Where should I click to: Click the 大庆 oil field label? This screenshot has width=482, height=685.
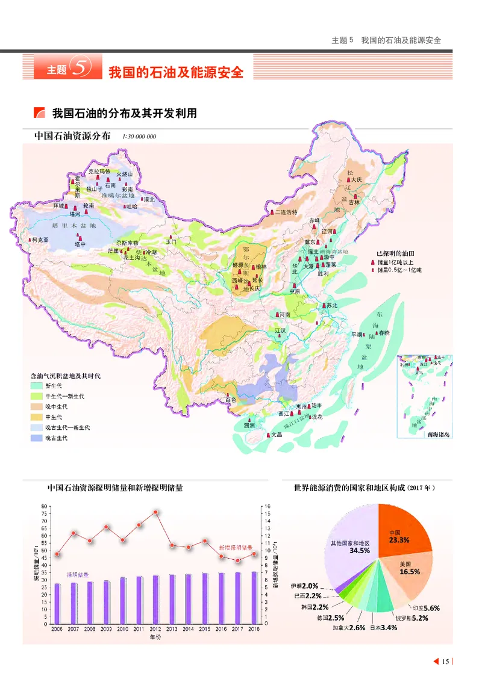coord(356,179)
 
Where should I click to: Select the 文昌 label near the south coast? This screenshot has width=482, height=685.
coord(276,433)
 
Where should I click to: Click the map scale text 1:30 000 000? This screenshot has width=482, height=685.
coord(139,137)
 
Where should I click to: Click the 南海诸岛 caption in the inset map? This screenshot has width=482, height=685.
coord(438,434)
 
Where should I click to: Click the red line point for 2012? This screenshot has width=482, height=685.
coord(156,512)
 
